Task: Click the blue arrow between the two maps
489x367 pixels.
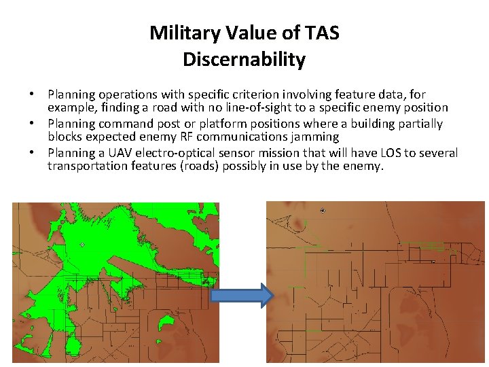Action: (242, 296)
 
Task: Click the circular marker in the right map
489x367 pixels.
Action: (323, 211)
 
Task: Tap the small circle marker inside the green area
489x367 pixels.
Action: (82, 245)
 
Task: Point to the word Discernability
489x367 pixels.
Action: (244, 60)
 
